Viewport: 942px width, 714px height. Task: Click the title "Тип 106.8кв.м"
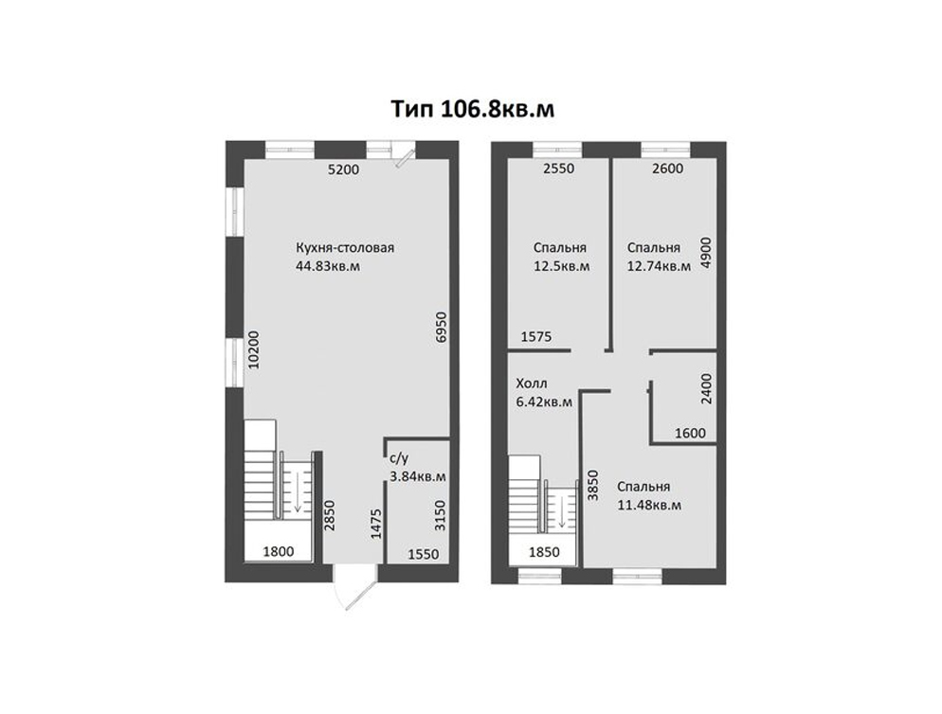472,109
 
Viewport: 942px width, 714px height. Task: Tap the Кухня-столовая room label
345,247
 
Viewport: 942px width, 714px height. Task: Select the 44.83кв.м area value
328,266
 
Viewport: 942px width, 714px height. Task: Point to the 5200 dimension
343,170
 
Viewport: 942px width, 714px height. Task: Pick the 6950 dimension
442,327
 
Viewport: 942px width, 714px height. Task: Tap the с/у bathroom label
400,459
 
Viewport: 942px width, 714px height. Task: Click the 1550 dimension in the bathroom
424,555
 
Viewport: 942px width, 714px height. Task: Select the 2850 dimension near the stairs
329,516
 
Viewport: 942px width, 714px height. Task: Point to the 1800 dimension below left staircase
279,551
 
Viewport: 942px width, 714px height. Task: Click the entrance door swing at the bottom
354,589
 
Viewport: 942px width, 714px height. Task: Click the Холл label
532,384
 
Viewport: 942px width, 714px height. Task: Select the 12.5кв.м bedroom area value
562,266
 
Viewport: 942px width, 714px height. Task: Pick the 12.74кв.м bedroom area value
659,266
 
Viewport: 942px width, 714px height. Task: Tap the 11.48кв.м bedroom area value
649,505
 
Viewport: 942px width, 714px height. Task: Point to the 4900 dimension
706,253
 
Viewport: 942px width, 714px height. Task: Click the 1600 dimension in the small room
690,433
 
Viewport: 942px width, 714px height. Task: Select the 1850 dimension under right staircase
544,552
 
